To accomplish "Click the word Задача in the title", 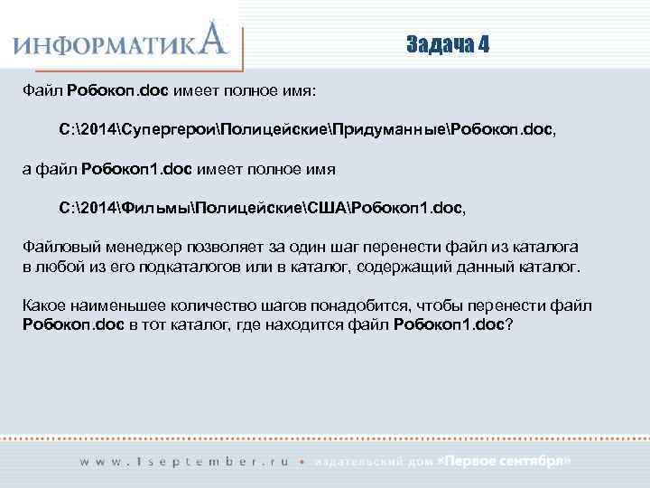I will tap(440, 45).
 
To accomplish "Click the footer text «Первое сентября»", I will tap(504, 461).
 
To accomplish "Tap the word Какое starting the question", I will tap(43, 306).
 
